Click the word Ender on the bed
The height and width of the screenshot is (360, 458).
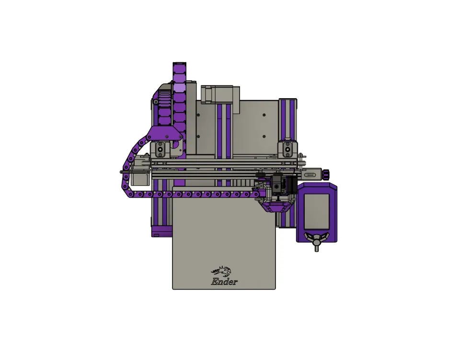point(224,282)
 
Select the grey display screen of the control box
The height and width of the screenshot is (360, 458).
point(316,211)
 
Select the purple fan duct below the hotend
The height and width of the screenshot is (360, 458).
point(277,206)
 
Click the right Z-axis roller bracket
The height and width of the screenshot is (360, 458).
point(287,149)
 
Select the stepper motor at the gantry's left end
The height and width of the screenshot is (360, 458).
point(140,179)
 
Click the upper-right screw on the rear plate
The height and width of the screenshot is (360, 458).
point(264,115)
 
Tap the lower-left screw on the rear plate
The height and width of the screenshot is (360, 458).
point(198,137)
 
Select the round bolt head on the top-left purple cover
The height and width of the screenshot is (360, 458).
point(156,101)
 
